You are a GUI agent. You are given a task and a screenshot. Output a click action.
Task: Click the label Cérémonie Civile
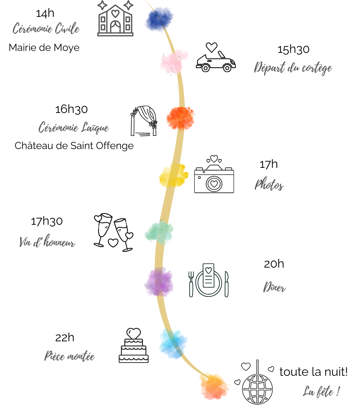[46, 28]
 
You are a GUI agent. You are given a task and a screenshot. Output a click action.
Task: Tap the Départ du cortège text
[293, 68]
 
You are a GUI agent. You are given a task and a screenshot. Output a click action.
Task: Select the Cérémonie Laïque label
[74, 128]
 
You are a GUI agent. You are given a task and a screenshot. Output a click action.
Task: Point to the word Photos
[269, 185]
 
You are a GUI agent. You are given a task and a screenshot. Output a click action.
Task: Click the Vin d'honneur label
[47, 242]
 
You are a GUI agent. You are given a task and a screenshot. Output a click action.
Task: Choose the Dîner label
[274, 287]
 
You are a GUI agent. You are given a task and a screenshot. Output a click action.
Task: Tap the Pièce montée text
[70, 356]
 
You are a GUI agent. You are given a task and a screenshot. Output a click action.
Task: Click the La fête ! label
[321, 391]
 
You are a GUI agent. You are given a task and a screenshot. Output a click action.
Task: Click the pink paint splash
[173, 61]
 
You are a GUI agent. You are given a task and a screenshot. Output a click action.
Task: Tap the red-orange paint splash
[181, 118]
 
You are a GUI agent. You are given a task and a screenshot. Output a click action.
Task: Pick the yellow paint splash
[173, 175]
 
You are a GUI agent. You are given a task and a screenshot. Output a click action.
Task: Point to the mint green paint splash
[159, 232]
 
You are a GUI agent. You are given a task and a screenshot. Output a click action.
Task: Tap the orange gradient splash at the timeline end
[214, 386]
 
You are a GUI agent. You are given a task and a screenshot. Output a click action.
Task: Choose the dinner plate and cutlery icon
[208, 280]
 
